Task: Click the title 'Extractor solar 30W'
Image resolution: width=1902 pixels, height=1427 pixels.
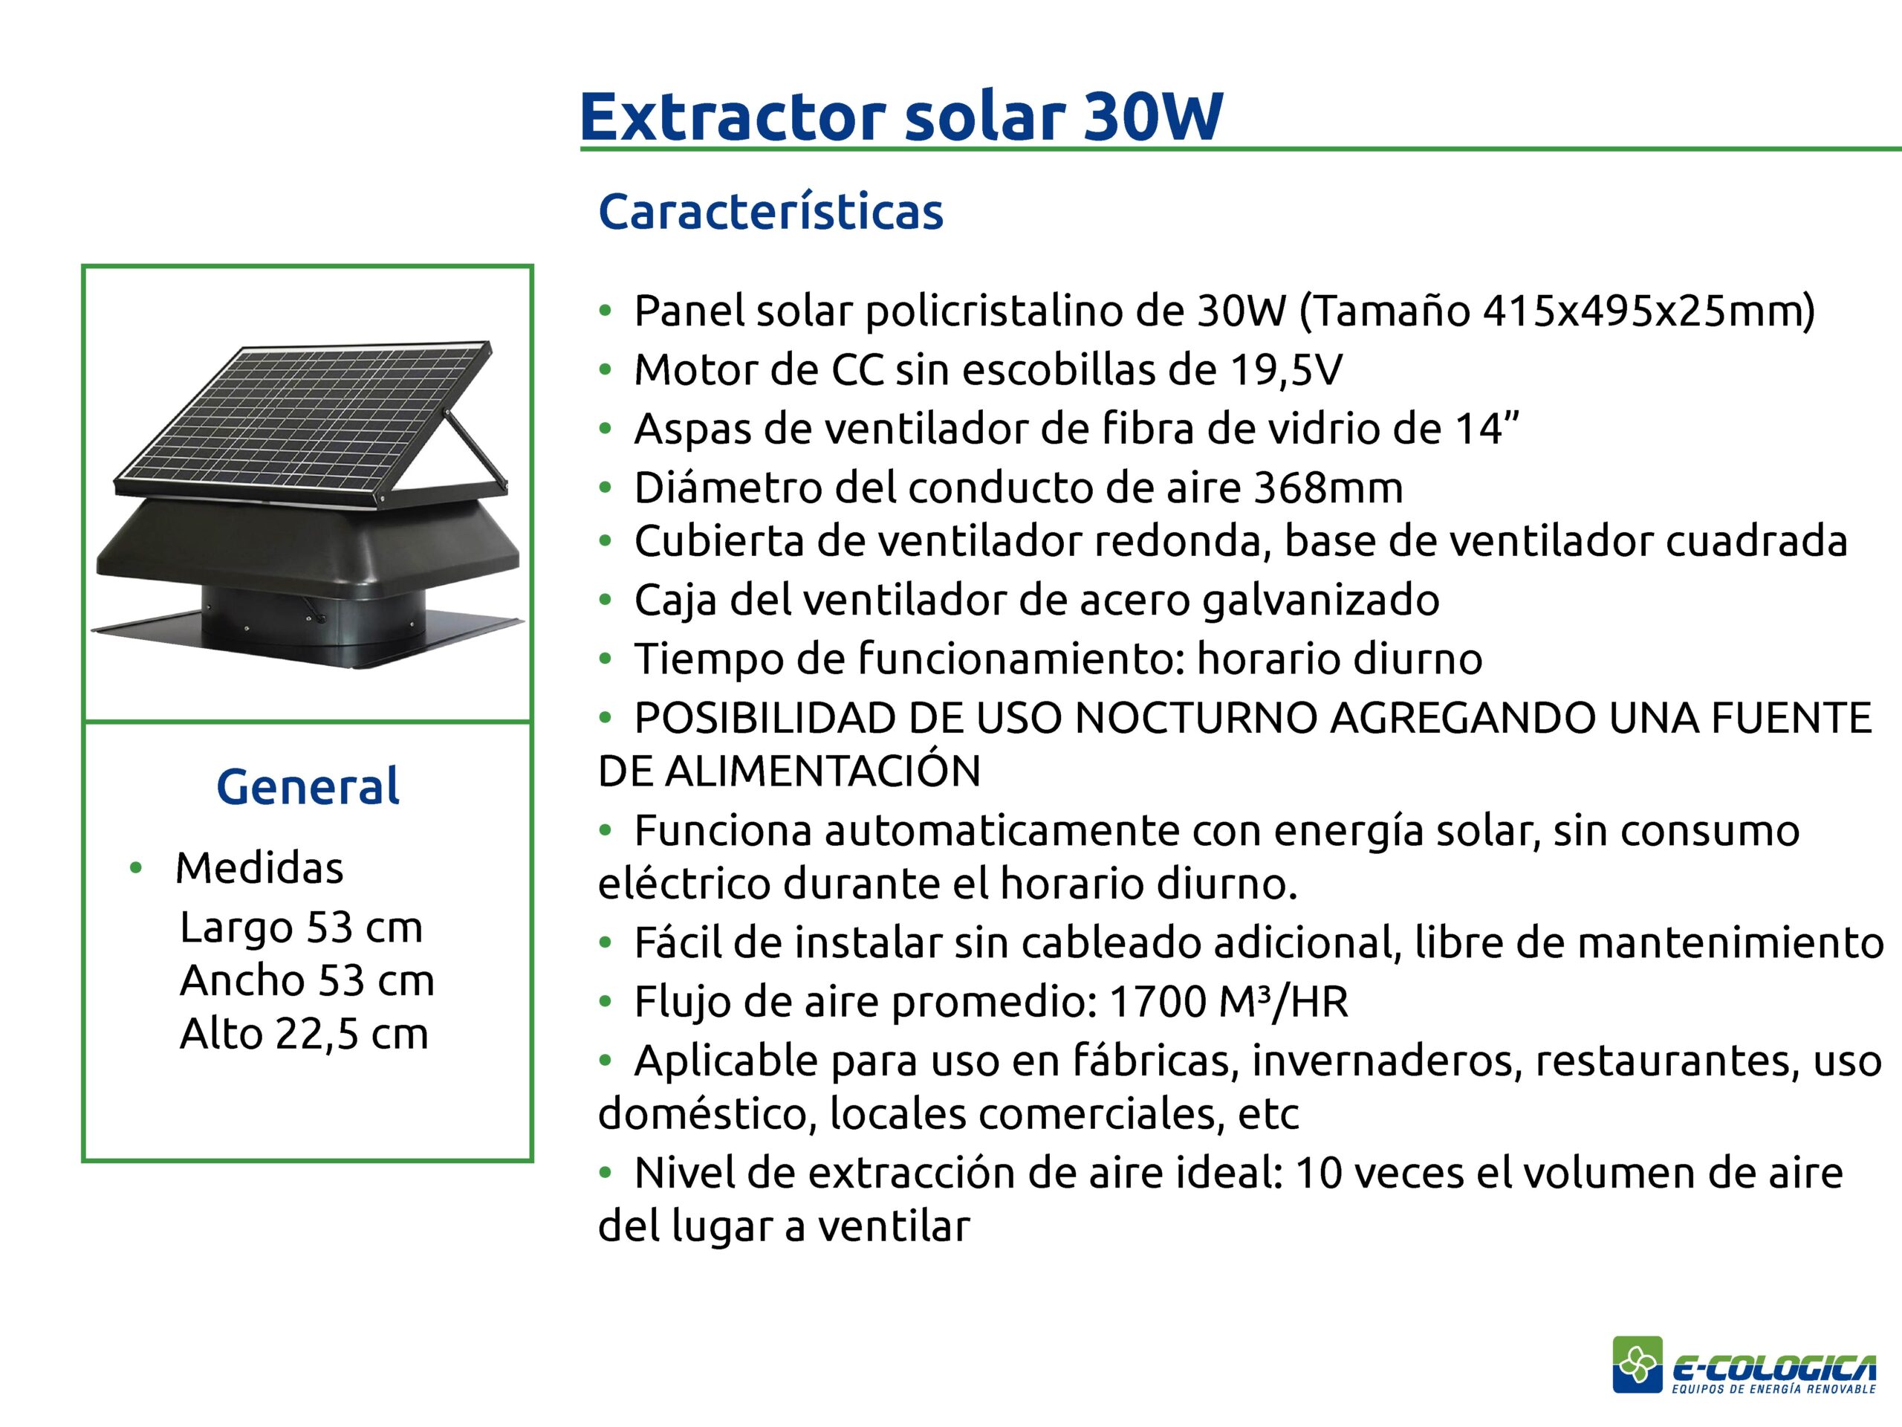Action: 900,115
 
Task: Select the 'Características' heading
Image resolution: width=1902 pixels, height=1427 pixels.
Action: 770,211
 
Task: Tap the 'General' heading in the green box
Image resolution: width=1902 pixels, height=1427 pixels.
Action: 308,786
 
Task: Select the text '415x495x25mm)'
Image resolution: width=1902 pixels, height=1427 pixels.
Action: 1649,311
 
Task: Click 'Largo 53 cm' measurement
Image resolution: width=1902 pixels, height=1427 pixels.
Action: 301,928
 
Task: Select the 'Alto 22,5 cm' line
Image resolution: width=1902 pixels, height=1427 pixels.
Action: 304,1034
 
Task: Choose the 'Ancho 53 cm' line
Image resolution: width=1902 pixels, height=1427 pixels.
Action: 307,980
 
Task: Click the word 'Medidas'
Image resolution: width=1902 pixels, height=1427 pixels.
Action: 259,867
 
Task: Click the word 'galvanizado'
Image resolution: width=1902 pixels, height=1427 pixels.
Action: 1320,601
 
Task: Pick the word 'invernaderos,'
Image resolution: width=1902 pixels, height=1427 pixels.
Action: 1387,1061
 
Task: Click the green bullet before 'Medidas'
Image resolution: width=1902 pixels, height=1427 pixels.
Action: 134,868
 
